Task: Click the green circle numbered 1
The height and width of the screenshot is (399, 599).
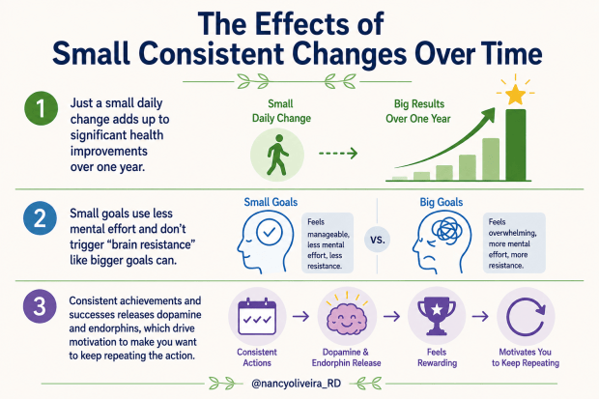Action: click(42, 108)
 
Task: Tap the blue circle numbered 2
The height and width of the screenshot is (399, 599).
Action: click(41, 218)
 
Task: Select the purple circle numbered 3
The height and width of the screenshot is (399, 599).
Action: click(40, 306)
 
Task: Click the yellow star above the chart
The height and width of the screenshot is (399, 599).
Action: click(515, 95)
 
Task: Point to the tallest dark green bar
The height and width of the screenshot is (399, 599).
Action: click(516, 145)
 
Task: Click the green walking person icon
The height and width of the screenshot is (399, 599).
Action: click(277, 155)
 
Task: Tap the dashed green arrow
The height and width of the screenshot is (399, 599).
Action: click(338, 154)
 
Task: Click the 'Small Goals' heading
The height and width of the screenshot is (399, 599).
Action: click(271, 202)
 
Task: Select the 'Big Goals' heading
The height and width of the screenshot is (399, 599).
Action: click(442, 202)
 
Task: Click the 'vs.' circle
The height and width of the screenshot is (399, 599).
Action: click(378, 240)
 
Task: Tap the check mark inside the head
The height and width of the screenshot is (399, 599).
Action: click(270, 232)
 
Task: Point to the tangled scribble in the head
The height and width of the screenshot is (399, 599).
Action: click(446, 229)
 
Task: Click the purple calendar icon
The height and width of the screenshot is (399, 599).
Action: click(257, 317)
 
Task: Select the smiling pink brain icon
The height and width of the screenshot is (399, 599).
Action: click(347, 317)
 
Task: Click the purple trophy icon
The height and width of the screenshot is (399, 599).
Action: click(437, 317)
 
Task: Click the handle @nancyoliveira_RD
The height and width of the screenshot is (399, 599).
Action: click(296, 383)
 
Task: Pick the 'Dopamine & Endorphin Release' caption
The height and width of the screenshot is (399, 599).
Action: click(346, 357)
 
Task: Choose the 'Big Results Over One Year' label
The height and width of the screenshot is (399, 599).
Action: click(418, 111)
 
